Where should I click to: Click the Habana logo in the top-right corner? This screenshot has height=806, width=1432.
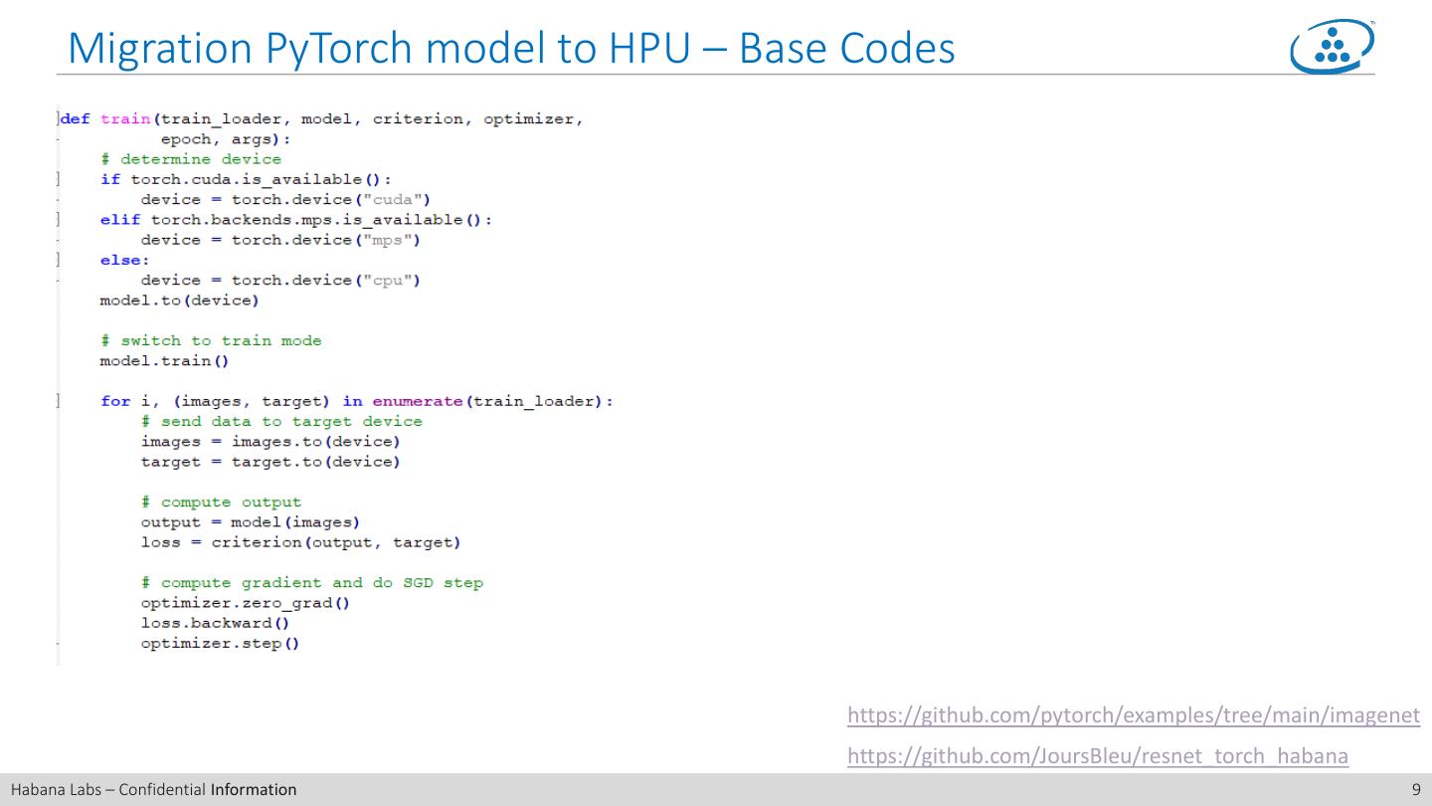pyautogui.click(x=1333, y=47)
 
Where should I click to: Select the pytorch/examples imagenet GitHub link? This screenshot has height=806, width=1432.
pyautogui.click(x=1133, y=714)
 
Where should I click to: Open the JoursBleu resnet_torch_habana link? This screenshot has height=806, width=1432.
pyautogui.click(x=1097, y=756)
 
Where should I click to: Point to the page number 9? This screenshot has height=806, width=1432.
pyautogui.click(x=1416, y=790)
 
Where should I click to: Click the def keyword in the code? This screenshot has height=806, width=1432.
pyautogui.click(x=76, y=119)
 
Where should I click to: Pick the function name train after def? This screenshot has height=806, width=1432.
pyautogui.click(x=125, y=119)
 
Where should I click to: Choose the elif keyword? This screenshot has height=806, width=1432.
pyautogui.click(x=120, y=220)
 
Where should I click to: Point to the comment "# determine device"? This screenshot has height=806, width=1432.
pyautogui.click(x=191, y=159)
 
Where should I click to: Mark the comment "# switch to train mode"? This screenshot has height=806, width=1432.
pyautogui.click(x=211, y=340)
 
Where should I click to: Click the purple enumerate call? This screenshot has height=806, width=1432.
pyautogui.click(x=418, y=401)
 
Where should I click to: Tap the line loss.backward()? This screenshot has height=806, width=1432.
pyautogui.click(x=215, y=623)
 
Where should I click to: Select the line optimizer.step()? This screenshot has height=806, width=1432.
pyautogui.click(x=220, y=643)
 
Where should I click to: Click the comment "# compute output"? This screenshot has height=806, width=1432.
pyautogui.click(x=221, y=503)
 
